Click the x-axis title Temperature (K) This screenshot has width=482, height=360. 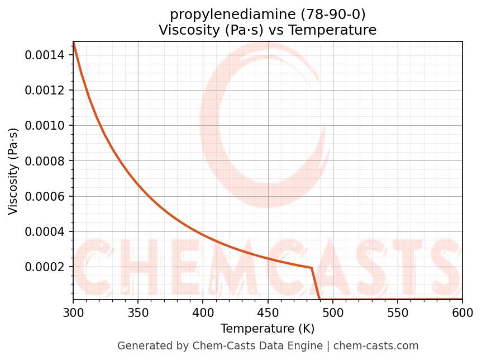(268, 329)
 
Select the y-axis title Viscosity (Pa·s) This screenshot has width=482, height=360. (13, 171)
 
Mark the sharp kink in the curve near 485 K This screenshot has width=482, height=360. (312, 268)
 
